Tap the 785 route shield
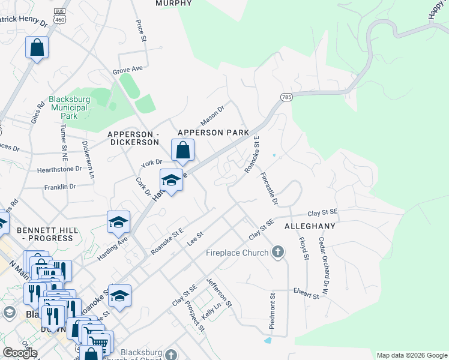tap(285, 97)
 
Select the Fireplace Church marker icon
tap(277, 252)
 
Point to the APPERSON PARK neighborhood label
tap(213, 132)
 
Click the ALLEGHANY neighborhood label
tap(309, 226)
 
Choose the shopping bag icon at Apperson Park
tap(183, 150)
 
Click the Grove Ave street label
tap(127, 70)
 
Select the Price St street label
tap(141, 31)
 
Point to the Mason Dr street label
tap(211, 116)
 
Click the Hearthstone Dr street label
tap(59, 169)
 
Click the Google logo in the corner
tap(20, 353)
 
